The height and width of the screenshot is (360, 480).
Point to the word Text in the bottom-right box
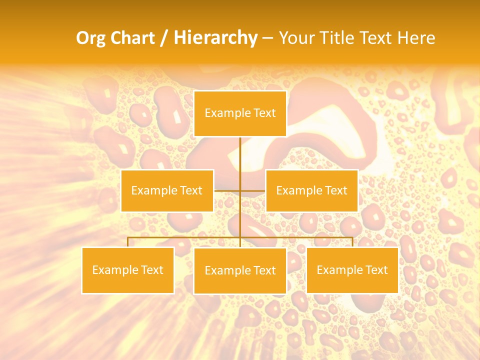pyautogui.click(x=376, y=270)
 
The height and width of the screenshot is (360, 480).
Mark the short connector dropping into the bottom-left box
pyautogui.click(x=127, y=242)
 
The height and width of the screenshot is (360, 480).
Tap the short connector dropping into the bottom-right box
pyautogui.click(x=352, y=242)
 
